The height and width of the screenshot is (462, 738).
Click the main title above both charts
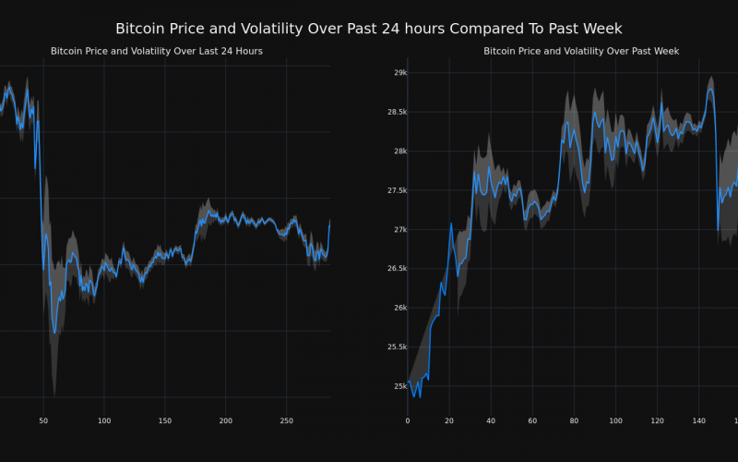coord(369,29)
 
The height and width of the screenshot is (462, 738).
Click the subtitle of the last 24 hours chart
coord(157,51)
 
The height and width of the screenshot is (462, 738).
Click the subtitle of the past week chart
coord(581,51)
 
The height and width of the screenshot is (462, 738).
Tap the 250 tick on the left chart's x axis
coord(287,421)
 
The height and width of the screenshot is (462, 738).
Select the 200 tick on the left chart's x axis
coord(226,421)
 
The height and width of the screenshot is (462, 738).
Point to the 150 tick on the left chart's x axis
coord(165,421)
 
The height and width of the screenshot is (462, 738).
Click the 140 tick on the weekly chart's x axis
coord(699,421)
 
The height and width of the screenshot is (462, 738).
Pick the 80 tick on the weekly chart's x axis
coord(574,421)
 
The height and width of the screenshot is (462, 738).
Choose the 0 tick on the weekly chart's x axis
coord(408,421)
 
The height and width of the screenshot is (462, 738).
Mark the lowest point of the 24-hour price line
coord(54,333)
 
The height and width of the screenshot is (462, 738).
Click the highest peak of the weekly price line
coord(710,89)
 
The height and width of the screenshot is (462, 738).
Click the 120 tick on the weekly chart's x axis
coord(657,421)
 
